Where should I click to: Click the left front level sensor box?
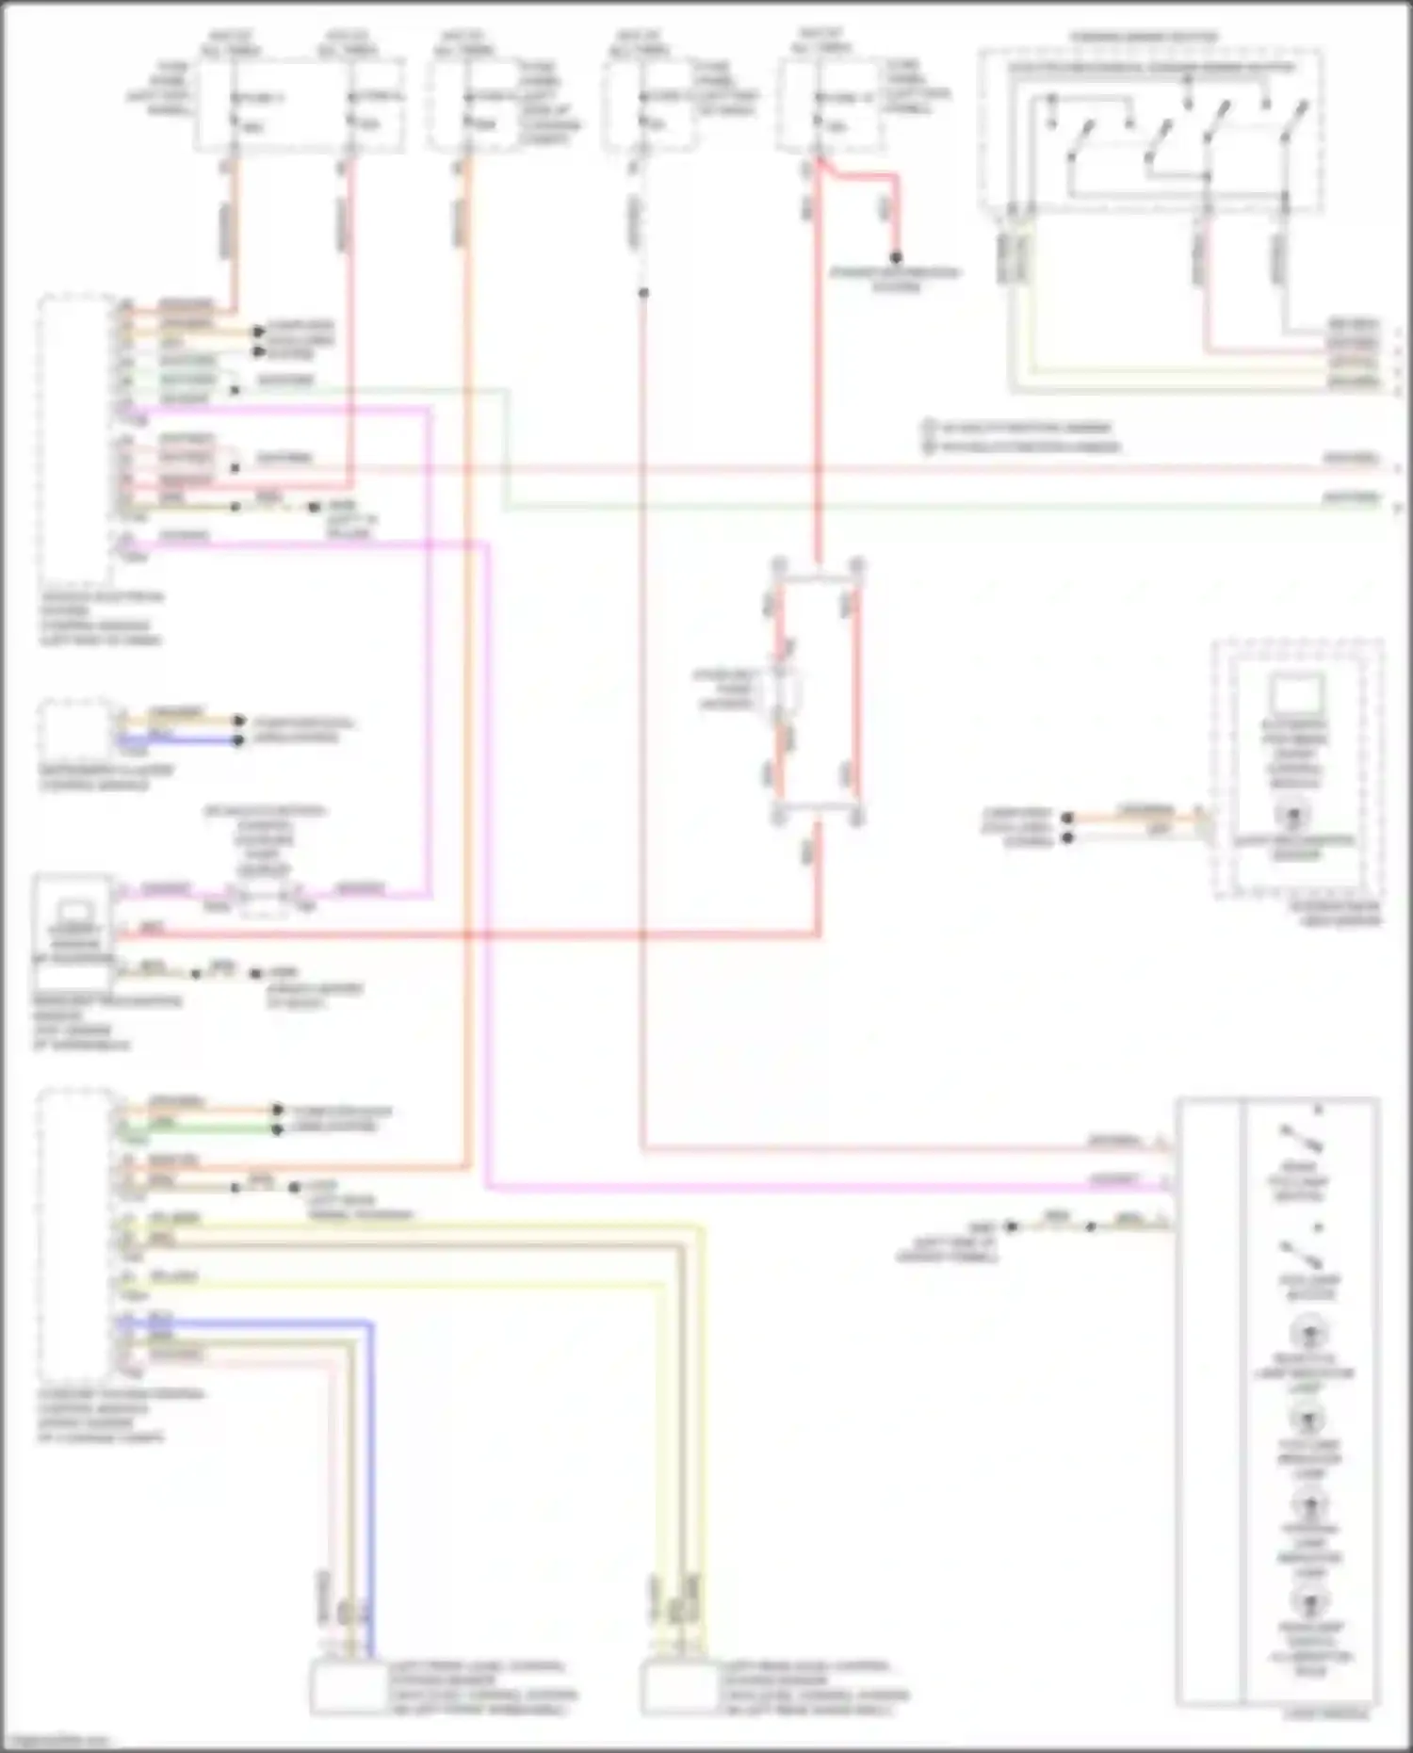pyautogui.click(x=348, y=1688)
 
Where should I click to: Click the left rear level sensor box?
pyautogui.click(x=678, y=1688)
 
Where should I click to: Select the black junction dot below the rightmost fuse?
pyautogui.click(x=896, y=257)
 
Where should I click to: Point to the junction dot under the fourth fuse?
pyautogui.click(x=643, y=293)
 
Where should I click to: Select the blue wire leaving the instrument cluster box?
pyautogui.click(x=179, y=740)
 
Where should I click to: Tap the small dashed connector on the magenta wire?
pyautogui.click(x=263, y=901)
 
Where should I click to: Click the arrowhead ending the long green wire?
pyautogui.click(x=1397, y=508)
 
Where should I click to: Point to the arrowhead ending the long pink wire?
pyautogui.click(x=1397, y=468)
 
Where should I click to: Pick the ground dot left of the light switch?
pyautogui.click(x=1011, y=1226)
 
